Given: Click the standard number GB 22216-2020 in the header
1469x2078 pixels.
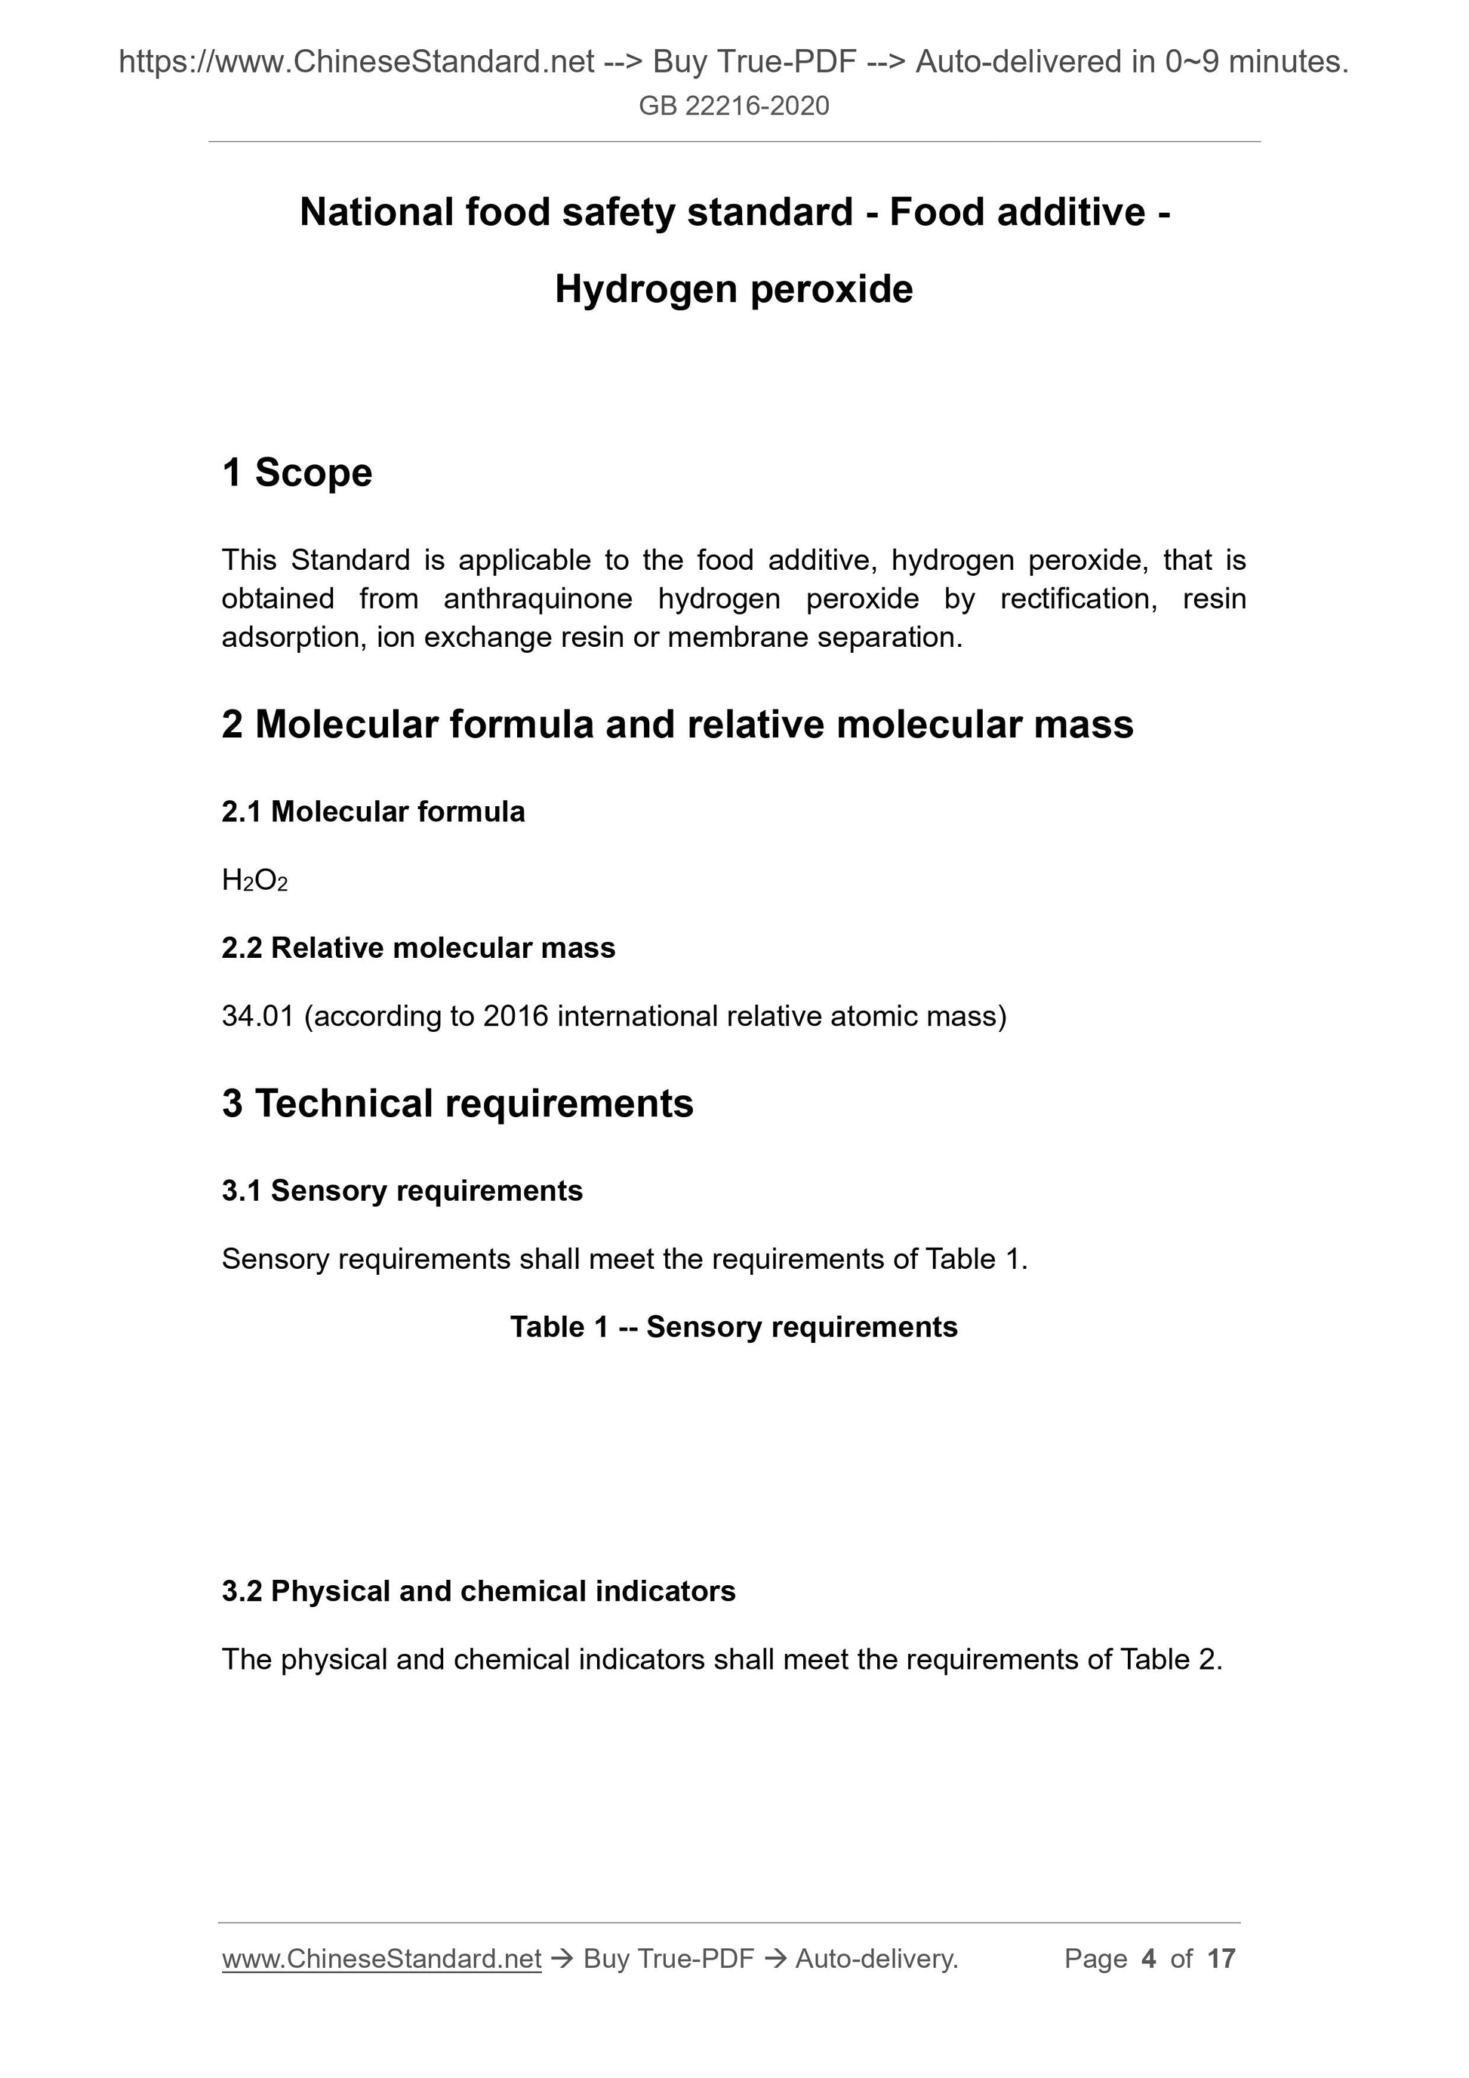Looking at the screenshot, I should [x=733, y=106].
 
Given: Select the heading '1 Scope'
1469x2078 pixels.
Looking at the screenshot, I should [x=297, y=473].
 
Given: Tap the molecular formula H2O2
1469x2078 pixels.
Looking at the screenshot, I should [x=254, y=881].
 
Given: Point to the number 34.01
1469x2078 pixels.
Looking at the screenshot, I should [x=258, y=1017].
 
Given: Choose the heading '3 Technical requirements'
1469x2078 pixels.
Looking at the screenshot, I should [x=457, y=1104].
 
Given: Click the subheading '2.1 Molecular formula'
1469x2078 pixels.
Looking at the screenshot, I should [x=373, y=812].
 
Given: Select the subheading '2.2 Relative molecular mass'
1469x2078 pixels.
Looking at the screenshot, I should [x=418, y=947].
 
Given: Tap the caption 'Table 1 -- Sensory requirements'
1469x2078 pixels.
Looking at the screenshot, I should [x=733, y=1327].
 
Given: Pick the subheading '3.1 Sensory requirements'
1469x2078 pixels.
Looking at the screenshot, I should [x=402, y=1191].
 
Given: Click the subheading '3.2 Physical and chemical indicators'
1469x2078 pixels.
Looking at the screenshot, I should [x=478, y=1591].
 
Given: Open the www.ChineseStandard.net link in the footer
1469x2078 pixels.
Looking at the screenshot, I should [x=381, y=1959].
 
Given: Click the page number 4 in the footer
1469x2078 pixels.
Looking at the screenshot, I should [x=1149, y=1959].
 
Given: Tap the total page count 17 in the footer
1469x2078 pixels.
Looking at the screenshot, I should [x=1221, y=1959].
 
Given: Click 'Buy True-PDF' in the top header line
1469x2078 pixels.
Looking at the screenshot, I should [x=754, y=62].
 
